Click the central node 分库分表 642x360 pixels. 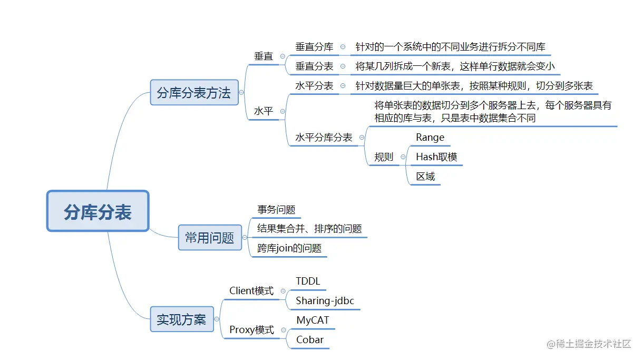tap(98, 211)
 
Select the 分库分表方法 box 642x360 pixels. tap(193, 93)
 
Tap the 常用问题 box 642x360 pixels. tap(209, 238)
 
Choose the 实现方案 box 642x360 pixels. tap(181, 319)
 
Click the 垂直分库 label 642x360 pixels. tap(314, 47)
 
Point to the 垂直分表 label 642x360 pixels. tap(314, 66)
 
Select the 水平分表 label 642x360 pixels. tap(314, 86)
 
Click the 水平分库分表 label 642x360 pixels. tap(324, 138)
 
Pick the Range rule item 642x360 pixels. tap(430, 138)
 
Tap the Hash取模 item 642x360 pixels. tap(436, 157)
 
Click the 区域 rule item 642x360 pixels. tap(425, 177)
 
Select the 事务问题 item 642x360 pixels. tap(276, 209)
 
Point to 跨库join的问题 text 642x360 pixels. tap(289, 248)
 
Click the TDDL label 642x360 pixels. tap(308, 281)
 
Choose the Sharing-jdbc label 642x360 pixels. tap(325, 301)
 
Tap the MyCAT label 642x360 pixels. tap(313, 320)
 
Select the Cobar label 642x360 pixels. tap(310, 340)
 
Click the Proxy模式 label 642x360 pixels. tap(251, 330)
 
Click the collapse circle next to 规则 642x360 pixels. tap(403, 157)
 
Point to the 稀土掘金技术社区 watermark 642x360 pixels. tap(589, 344)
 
